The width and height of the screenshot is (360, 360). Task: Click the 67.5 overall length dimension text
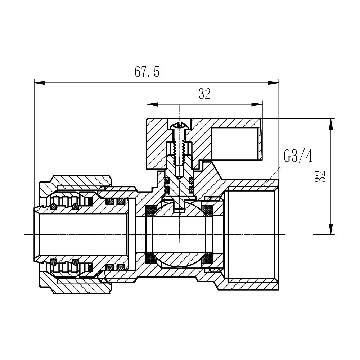coord(147,72)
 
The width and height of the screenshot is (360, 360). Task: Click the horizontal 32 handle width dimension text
coord(204,94)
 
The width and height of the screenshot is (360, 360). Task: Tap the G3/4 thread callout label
coord(298,157)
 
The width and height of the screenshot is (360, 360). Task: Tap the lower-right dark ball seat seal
coord(208,258)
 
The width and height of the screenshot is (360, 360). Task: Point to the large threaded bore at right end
coord(251,234)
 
